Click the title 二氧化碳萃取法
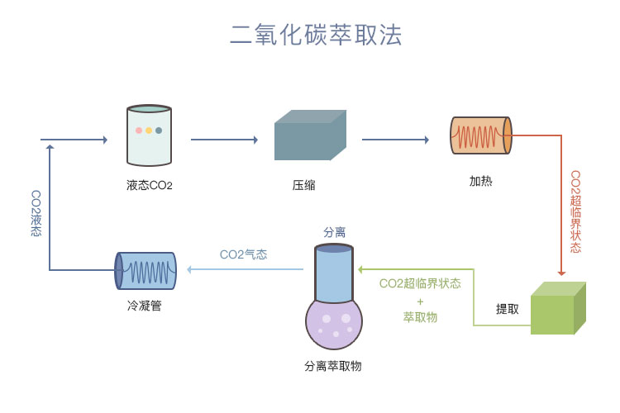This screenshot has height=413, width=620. [x=316, y=35]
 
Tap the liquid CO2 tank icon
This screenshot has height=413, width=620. [x=149, y=136]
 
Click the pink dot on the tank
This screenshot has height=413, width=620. [x=138, y=131]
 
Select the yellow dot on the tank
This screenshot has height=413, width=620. [x=149, y=131]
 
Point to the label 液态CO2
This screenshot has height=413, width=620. [x=150, y=185]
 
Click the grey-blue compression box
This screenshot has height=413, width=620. [x=309, y=135]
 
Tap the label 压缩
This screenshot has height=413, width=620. [x=304, y=185]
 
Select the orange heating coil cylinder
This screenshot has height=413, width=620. [x=480, y=135]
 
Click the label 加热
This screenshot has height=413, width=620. [x=480, y=181]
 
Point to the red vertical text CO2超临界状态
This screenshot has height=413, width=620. [x=576, y=211]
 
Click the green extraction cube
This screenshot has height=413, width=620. [x=557, y=309]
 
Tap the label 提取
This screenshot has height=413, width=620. [x=508, y=309]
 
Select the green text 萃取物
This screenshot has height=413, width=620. [x=420, y=317]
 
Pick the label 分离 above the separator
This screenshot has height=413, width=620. [x=334, y=233]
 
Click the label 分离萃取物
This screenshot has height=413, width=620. [x=333, y=366]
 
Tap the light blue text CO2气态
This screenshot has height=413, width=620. [x=243, y=255]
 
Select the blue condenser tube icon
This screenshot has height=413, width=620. [x=145, y=270]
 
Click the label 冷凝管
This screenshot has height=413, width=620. [x=145, y=306]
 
